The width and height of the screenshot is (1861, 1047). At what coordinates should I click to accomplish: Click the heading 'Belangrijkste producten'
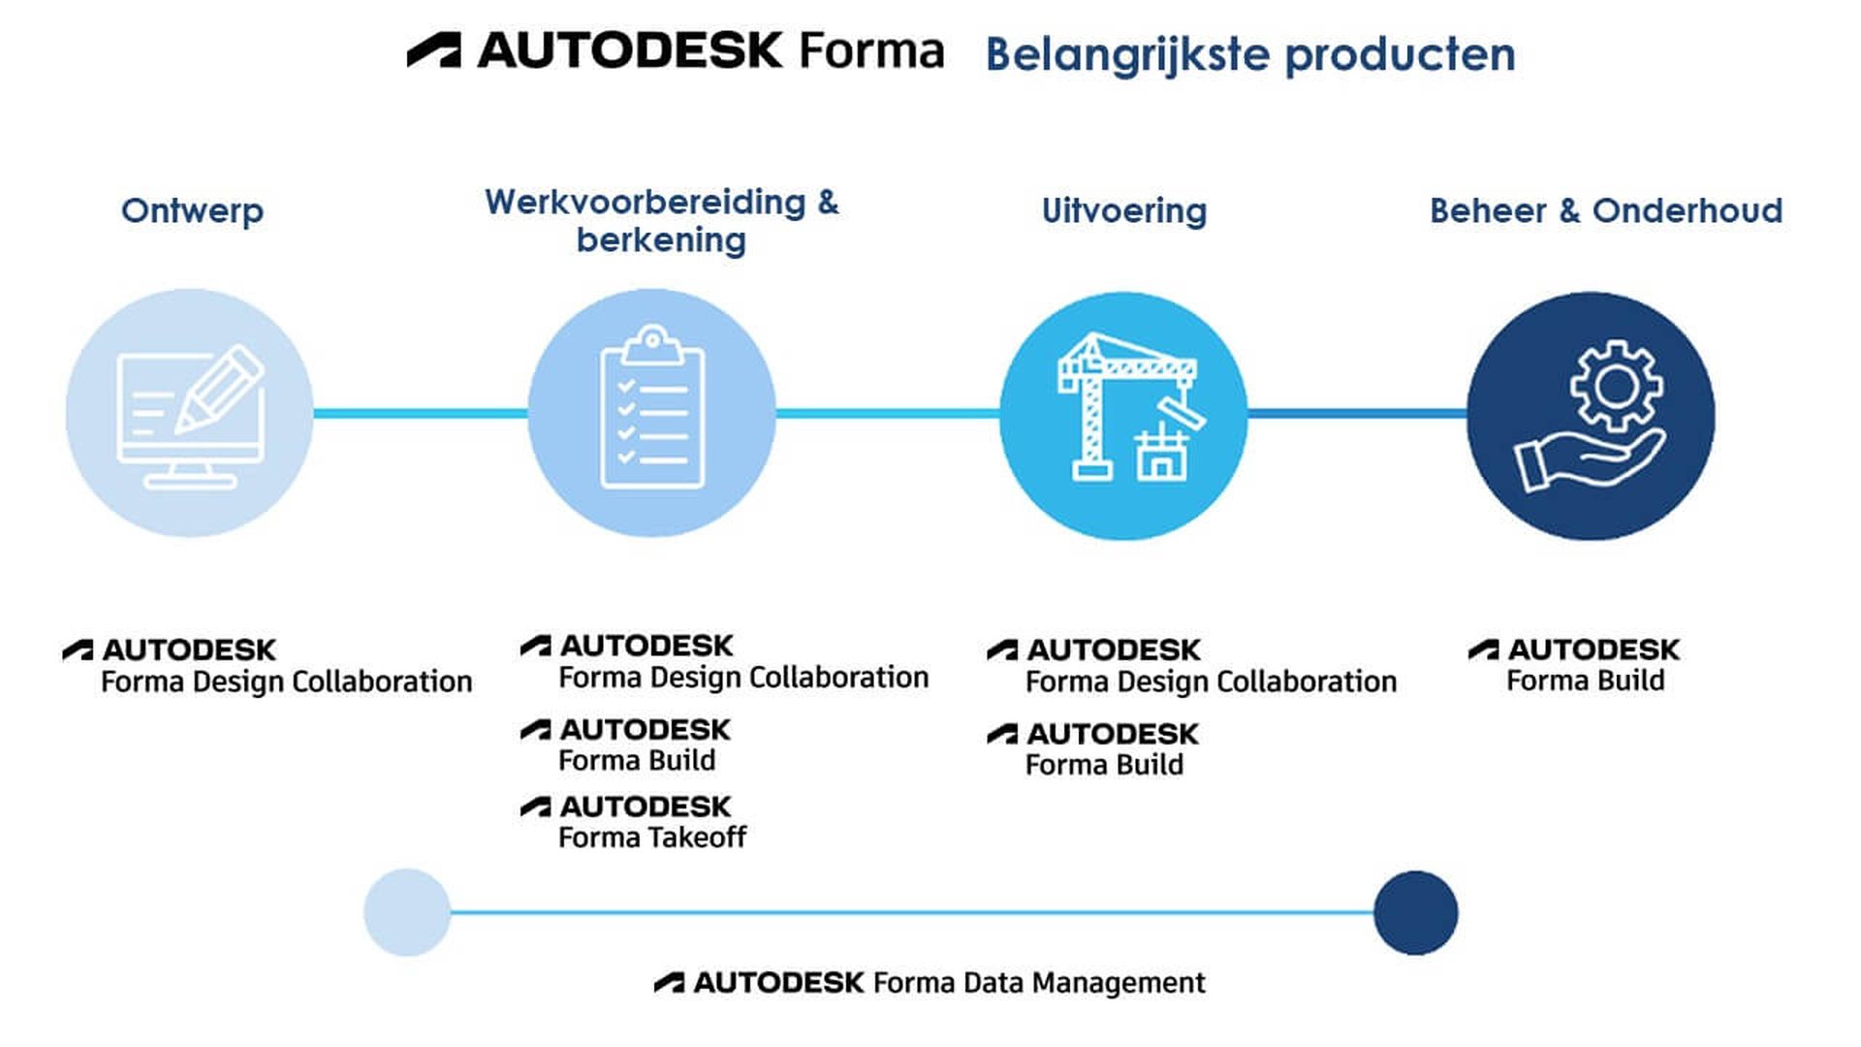[x=1250, y=54]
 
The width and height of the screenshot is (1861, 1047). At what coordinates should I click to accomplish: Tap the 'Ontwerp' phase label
[x=192, y=210]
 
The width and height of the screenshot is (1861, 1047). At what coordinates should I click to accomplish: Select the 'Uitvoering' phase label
[x=1124, y=210]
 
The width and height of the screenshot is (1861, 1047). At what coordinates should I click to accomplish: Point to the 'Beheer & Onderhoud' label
[x=1606, y=210]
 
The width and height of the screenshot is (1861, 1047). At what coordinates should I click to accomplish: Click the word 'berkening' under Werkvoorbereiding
[x=661, y=239]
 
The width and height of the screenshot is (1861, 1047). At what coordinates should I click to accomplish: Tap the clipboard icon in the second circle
[x=652, y=412]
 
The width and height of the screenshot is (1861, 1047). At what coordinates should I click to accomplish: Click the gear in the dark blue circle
[x=1616, y=386]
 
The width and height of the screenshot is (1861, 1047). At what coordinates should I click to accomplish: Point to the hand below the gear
[x=1585, y=460]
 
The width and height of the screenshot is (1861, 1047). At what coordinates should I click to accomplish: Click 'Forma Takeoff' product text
[x=652, y=837]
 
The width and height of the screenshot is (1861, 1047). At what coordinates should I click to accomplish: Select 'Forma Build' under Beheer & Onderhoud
[x=1586, y=681]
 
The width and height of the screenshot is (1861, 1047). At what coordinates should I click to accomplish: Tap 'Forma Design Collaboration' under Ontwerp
[x=286, y=682]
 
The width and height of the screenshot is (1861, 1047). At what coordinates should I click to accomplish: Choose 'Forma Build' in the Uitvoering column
[x=1104, y=765]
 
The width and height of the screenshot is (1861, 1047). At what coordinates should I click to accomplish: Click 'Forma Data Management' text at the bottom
[x=1038, y=983]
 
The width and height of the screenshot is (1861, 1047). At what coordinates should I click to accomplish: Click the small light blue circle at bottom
[x=407, y=912]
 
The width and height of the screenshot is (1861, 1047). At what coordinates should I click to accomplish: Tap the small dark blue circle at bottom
[x=1415, y=912]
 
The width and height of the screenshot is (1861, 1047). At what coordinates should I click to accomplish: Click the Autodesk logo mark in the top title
[x=434, y=50]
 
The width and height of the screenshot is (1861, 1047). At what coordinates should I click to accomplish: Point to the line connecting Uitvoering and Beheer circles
[x=1357, y=414]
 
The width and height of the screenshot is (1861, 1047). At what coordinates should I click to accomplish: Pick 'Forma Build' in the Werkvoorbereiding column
[x=637, y=760]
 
